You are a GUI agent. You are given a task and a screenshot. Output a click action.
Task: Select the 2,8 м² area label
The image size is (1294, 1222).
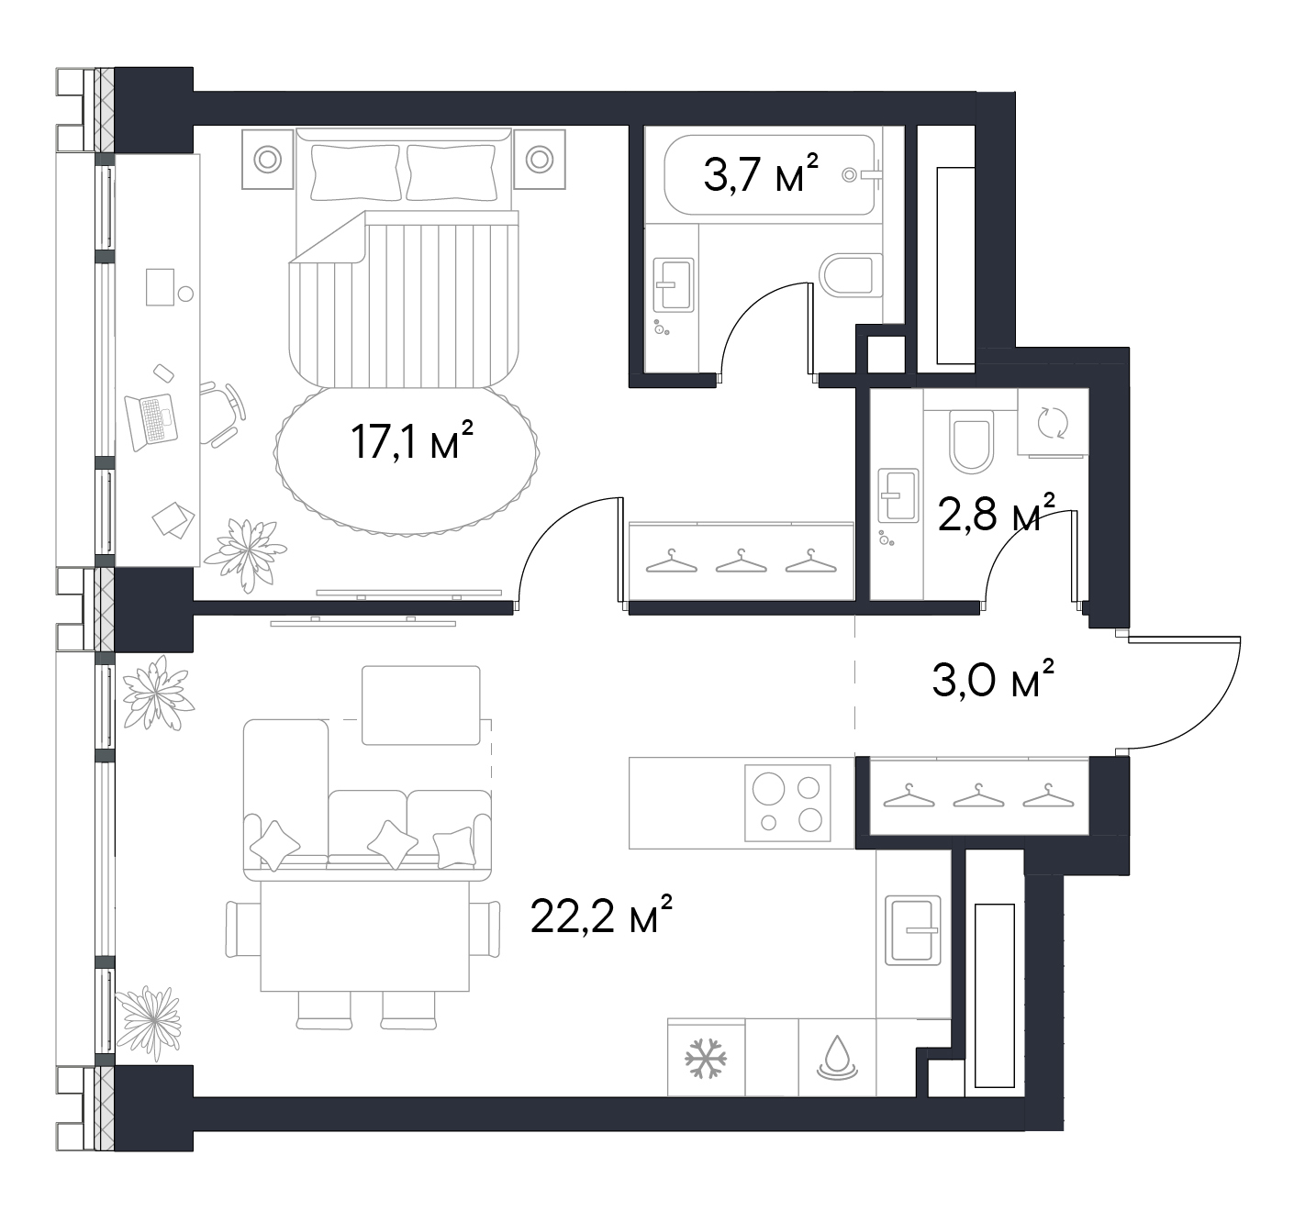996,512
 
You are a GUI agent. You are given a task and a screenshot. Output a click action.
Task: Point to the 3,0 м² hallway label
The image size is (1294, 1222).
993,678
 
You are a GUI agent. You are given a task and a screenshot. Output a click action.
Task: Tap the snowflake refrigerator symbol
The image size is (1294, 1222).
706,1058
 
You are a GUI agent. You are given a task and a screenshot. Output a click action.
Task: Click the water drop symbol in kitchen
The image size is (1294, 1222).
837,1058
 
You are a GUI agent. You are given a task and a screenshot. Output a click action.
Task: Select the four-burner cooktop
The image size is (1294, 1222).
787,803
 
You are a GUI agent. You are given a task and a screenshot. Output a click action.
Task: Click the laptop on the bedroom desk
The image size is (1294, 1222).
151,421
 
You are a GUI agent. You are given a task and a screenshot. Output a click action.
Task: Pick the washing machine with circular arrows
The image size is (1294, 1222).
1053,422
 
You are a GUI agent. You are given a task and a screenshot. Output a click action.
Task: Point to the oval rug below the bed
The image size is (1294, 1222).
407,460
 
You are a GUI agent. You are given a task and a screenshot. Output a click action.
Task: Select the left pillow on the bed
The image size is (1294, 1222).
355,172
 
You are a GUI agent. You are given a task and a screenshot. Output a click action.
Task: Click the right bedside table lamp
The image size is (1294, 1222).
540,159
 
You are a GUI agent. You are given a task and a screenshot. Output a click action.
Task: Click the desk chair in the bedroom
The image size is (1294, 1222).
221,415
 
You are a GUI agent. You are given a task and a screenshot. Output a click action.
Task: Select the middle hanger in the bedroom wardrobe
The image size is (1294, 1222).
741,561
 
